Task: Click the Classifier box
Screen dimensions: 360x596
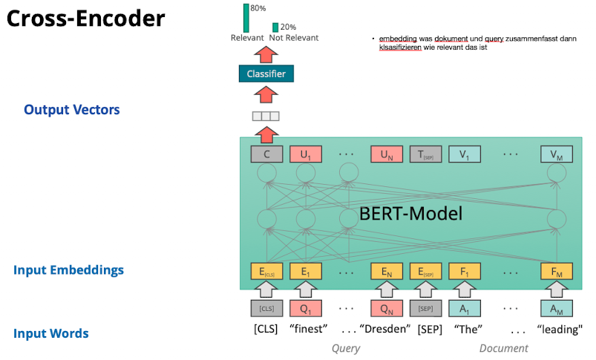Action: click(266, 73)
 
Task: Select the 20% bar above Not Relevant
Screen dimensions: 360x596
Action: click(275, 27)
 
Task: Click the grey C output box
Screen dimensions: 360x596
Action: click(266, 154)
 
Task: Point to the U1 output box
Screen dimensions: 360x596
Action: click(305, 154)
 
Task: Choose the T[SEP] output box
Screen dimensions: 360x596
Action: click(425, 154)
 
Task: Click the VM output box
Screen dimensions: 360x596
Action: click(556, 154)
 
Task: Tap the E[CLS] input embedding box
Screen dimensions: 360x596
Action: click(266, 272)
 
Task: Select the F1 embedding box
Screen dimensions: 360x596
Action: click(465, 272)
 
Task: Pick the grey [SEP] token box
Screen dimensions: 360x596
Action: click(425, 308)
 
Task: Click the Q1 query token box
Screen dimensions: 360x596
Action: click(305, 308)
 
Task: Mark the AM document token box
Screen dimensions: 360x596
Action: click(556, 308)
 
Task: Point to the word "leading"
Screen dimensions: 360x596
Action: click(560, 329)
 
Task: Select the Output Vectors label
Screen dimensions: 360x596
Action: click(71, 110)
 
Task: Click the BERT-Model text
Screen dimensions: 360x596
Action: click(410, 214)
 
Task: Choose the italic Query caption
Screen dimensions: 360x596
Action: click(345, 347)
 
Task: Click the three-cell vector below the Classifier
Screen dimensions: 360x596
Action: click(266, 116)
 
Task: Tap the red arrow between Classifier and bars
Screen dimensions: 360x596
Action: click(266, 53)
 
